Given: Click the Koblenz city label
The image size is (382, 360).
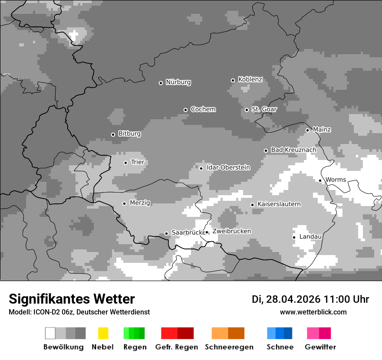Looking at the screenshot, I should (x=250, y=80).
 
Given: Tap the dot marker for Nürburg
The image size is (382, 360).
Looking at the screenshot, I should (x=161, y=83).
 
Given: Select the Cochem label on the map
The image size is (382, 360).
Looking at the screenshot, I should (x=203, y=109).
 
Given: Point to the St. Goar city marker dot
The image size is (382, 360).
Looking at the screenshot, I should (x=247, y=110).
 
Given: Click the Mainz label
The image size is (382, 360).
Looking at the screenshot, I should (x=322, y=130).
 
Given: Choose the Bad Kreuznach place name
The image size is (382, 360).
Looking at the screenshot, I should (x=293, y=150).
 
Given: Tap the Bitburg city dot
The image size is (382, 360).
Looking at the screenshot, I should (x=113, y=134).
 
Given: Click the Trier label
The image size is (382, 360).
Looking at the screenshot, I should (x=138, y=162).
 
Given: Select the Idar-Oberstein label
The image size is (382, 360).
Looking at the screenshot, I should (x=228, y=168).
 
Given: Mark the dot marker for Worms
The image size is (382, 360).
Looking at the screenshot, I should (x=320, y=180).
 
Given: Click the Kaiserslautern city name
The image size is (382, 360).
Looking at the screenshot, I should (x=279, y=204).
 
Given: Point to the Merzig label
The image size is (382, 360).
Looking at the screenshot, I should (x=140, y=203).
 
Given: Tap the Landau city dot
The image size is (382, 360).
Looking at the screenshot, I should (x=294, y=237).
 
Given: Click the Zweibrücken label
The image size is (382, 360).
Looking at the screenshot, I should (x=231, y=231).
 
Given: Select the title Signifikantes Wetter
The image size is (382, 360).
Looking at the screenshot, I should (x=72, y=299).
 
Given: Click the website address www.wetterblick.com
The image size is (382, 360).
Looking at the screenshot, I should (x=313, y=312).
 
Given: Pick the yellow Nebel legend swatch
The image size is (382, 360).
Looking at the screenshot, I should (x=103, y=333).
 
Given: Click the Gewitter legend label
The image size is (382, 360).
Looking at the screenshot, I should (x=320, y=347).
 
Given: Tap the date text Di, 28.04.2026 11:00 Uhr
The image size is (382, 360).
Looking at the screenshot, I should (x=310, y=299).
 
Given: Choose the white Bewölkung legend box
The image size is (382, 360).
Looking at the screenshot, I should (x=50, y=333).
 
